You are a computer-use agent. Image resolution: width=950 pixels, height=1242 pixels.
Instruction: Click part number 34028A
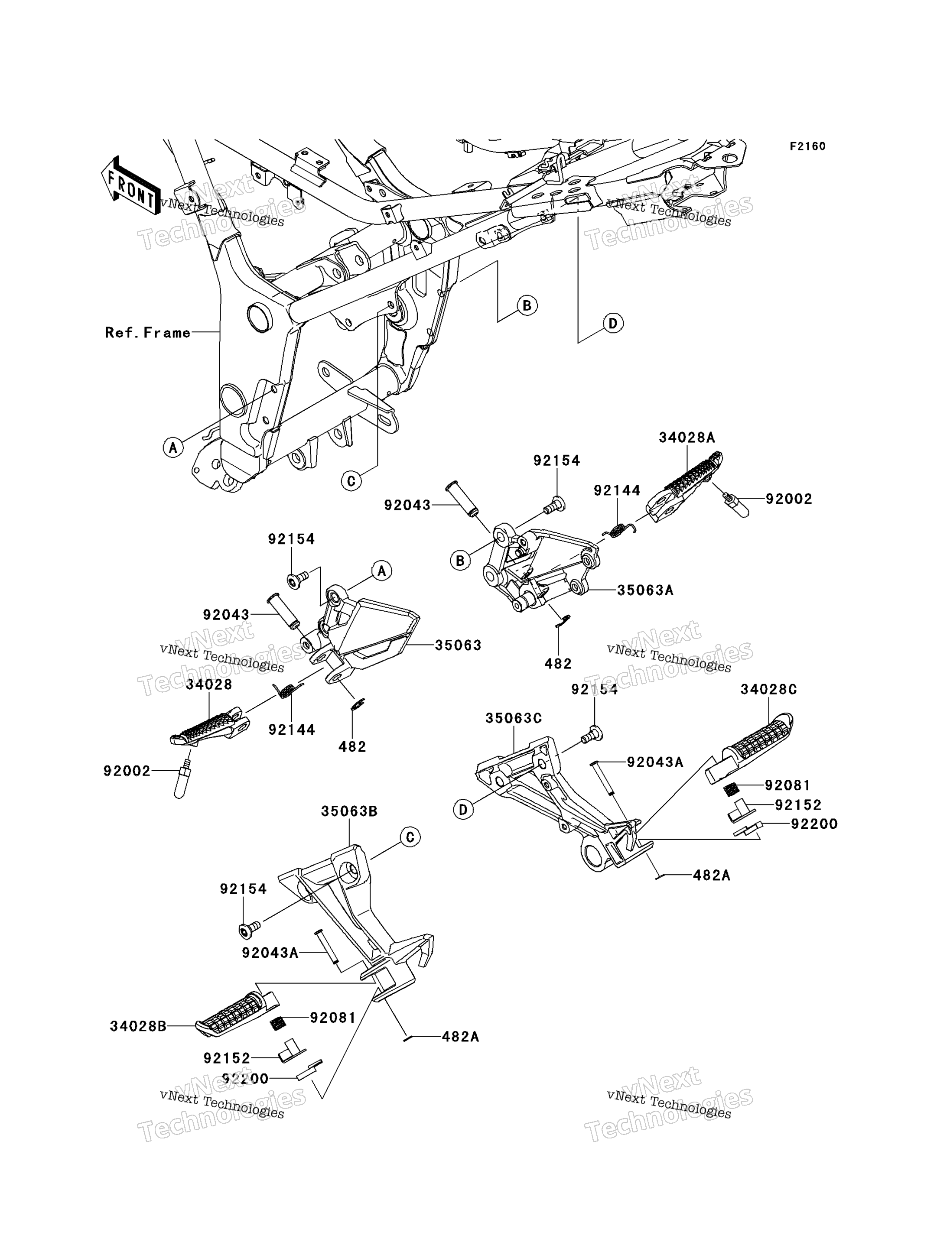coord(686,437)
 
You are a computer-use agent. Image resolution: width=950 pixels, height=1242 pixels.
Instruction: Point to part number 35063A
coord(645,590)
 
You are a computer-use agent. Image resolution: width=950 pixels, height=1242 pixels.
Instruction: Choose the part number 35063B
coord(349,811)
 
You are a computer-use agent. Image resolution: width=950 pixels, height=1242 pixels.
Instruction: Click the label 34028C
coord(769,689)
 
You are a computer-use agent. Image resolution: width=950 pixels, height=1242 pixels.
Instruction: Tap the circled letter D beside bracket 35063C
coord(463,810)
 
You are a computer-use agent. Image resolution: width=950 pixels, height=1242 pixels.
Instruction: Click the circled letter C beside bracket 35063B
coord(410,837)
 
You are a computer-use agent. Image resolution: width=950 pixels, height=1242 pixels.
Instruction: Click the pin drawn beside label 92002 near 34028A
coord(736,504)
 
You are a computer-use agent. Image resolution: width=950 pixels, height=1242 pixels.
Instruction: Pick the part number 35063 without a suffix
coord(458,645)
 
